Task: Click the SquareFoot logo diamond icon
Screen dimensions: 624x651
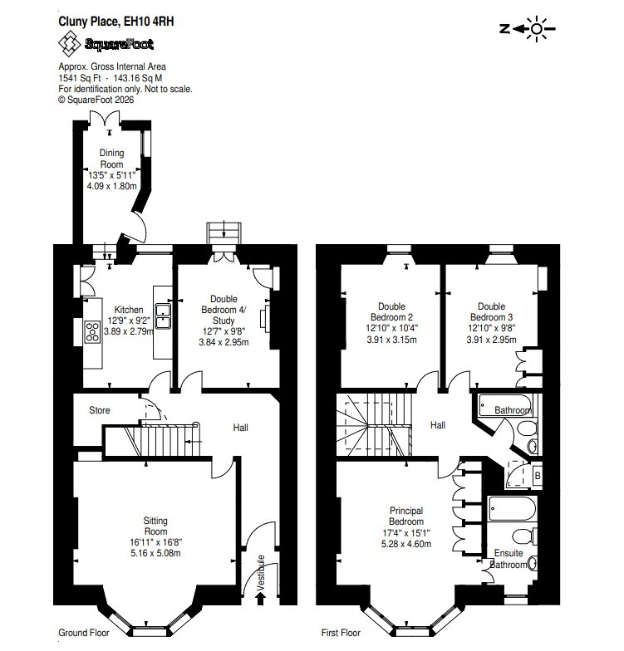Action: (69, 43)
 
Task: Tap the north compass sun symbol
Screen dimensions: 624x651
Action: (537, 28)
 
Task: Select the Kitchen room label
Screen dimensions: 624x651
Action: (129, 310)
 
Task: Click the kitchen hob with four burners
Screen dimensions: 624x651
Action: (93, 332)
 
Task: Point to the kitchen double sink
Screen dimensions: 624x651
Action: (163, 316)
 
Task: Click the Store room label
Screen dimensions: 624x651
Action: (100, 410)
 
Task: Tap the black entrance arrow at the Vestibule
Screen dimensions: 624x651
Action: (261, 598)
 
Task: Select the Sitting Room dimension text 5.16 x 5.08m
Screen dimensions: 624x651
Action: (155, 553)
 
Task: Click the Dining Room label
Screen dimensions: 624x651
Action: (111, 159)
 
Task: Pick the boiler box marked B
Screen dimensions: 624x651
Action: (538, 475)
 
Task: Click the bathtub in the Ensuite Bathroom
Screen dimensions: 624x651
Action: (513, 508)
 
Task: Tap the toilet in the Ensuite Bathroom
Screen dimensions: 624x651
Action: (525, 536)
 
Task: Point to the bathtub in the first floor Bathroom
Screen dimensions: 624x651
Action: (505, 405)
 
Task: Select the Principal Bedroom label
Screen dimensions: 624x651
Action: (406, 516)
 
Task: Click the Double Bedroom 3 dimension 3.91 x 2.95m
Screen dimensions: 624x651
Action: (492, 340)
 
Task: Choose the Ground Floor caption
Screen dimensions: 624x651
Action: (83, 633)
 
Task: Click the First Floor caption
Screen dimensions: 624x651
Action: (341, 633)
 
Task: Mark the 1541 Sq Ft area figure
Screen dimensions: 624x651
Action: (80, 78)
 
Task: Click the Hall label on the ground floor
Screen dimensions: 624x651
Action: (241, 428)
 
